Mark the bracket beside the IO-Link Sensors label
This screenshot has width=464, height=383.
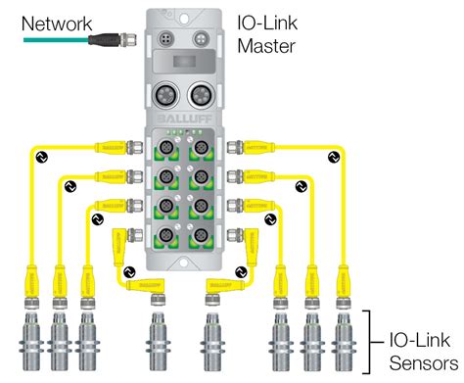pyautogui.click(x=368, y=338)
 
